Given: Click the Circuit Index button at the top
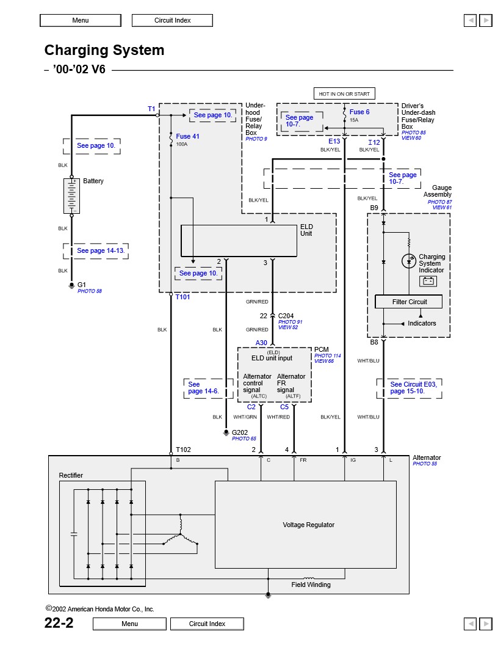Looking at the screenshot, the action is click(x=172, y=20).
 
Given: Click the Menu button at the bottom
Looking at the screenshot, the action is click(x=129, y=624).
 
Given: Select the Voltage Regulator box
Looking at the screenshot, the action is click(x=306, y=525).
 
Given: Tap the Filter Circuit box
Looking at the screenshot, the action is click(x=409, y=302).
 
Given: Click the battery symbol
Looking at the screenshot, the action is click(x=71, y=196).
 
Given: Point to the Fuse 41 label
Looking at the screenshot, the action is click(x=187, y=136).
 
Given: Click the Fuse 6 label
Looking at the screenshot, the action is click(x=359, y=112).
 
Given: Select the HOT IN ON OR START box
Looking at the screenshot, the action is click(x=344, y=94).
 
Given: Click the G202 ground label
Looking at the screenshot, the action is click(x=240, y=432).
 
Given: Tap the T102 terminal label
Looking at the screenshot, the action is click(x=183, y=450).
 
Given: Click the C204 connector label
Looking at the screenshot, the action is click(x=286, y=316).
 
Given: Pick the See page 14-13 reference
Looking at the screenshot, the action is click(x=100, y=250).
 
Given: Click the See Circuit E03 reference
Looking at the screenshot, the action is click(x=413, y=387).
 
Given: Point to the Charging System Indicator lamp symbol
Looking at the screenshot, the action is click(x=409, y=261).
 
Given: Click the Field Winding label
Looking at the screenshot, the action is click(x=311, y=585).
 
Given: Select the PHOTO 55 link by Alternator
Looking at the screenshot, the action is click(x=425, y=464).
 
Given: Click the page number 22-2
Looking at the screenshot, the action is click(x=59, y=623).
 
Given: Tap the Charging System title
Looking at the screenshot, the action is click(x=104, y=49).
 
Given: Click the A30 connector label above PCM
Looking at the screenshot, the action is click(x=261, y=343).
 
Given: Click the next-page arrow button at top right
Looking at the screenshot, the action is click(x=486, y=20).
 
